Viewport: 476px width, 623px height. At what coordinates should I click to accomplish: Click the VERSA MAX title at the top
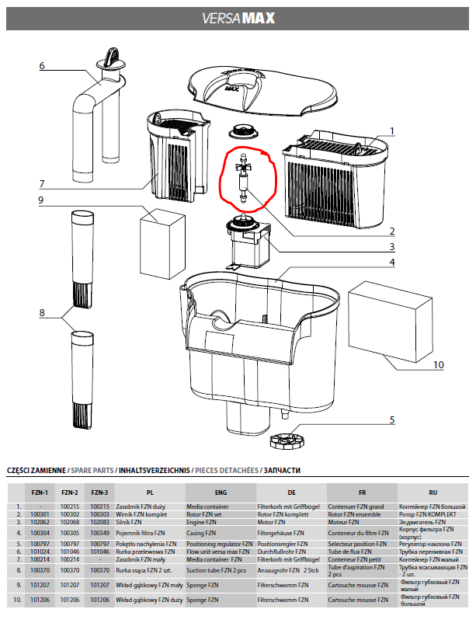click(238, 17)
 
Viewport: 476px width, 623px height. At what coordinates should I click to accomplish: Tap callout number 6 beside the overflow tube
click(43, 65)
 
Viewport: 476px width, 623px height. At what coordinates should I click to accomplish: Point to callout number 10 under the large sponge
click(438, 364)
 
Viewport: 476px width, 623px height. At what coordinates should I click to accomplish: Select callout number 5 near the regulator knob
click(392, 420)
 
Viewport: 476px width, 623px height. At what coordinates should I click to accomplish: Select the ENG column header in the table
click(221, 492)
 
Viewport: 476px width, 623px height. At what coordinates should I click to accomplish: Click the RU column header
click(433, 492)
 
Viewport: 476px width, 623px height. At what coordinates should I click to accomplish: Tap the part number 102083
click(99, 523)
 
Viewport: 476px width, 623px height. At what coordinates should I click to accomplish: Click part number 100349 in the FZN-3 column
click(99, 534)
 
